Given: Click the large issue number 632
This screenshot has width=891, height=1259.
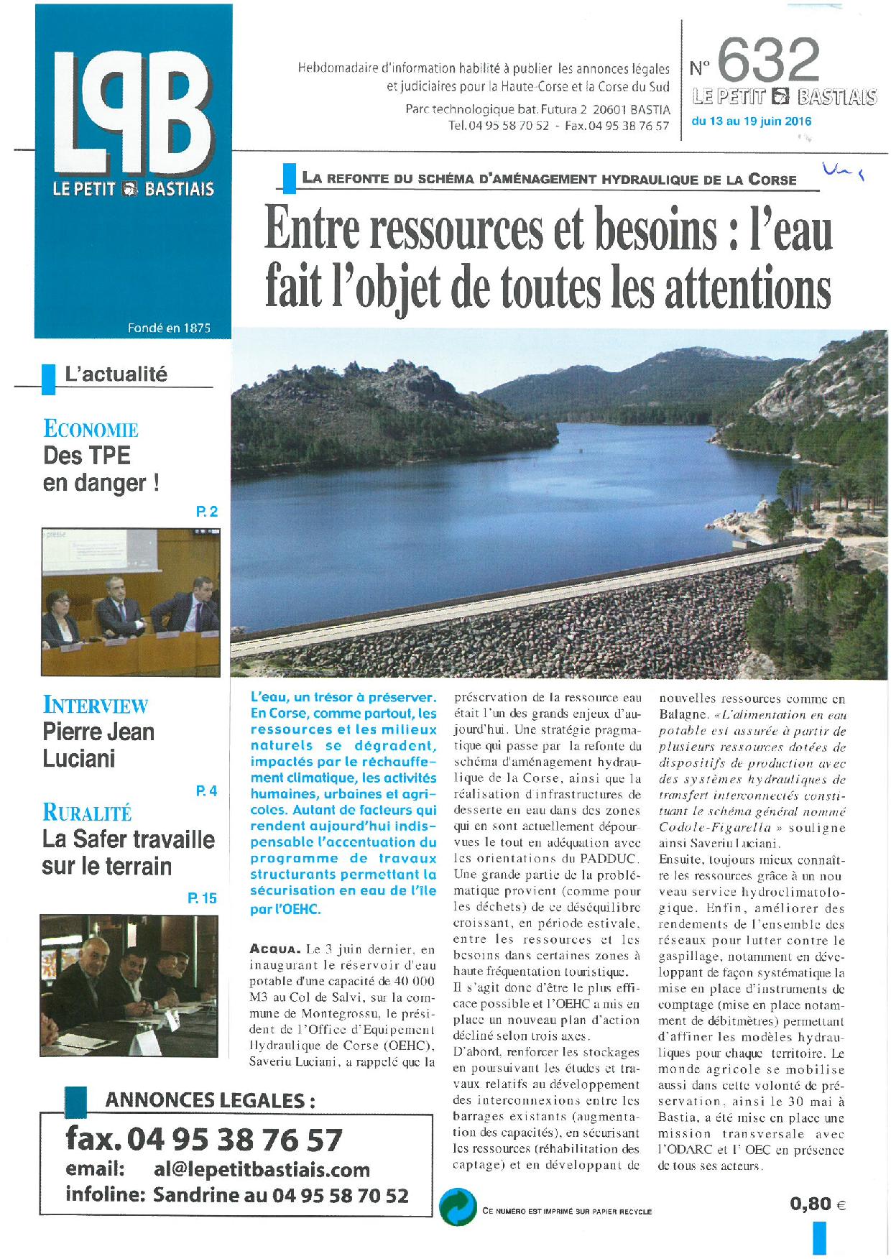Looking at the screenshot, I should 767,60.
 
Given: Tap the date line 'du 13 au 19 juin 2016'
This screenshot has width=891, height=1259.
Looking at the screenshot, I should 751,121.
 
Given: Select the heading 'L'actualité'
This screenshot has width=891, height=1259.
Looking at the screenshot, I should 116,374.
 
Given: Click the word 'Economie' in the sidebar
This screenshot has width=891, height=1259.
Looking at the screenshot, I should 91,429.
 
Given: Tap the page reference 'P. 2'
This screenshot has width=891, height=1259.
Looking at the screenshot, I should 206,512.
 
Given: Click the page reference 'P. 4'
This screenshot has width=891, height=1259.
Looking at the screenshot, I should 206,791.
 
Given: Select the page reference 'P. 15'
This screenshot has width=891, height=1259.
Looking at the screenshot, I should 202,898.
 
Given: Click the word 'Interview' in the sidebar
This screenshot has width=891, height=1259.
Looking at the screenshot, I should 95,705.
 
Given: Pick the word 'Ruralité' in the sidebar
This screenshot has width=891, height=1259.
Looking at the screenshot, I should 87,813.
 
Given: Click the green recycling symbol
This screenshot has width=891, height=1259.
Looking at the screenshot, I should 458,1210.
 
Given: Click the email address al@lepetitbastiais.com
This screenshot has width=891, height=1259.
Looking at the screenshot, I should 262,1169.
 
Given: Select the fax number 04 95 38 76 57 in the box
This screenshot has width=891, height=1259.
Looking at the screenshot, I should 234,1140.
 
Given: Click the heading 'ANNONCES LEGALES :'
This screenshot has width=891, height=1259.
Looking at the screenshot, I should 210,1100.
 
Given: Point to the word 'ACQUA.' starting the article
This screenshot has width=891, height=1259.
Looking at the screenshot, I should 272,950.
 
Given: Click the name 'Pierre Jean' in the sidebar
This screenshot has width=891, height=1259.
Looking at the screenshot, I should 98,732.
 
